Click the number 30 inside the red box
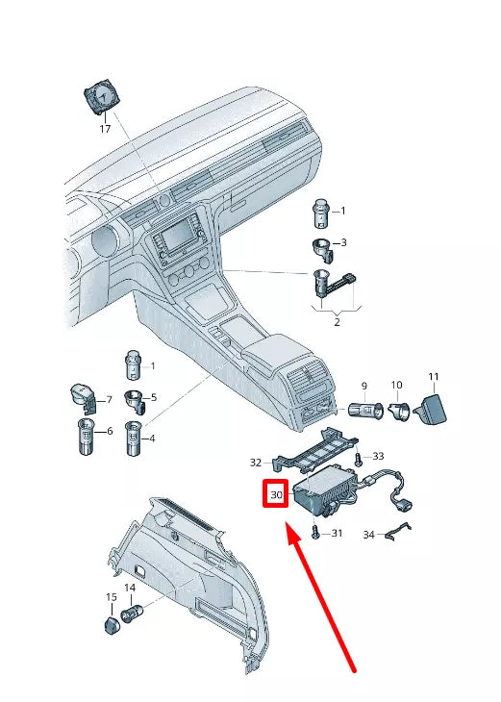pos(277,495)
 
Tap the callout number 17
pos(105,129)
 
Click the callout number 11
pos(433,376)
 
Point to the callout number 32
pos(256,462)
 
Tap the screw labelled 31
pos(315,533)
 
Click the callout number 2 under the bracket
pos(337,322)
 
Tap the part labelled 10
pos(399,412)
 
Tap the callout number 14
pos(130,587)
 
